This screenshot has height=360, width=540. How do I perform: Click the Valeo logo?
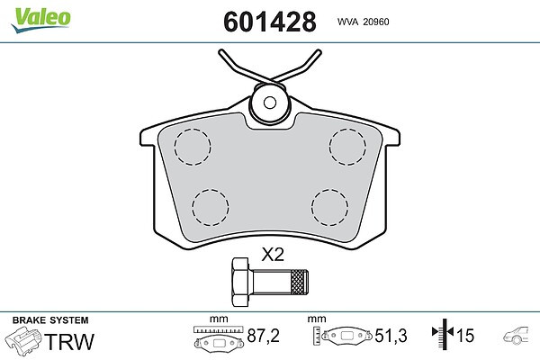(41, 19)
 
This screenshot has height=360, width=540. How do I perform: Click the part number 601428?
(270, 22)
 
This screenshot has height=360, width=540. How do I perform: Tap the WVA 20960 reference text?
(363, 22)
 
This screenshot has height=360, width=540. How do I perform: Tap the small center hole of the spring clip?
(270, 103)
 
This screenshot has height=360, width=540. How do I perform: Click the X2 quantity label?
(273, 255)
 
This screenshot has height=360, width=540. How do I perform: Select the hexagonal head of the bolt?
(240, 282)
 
